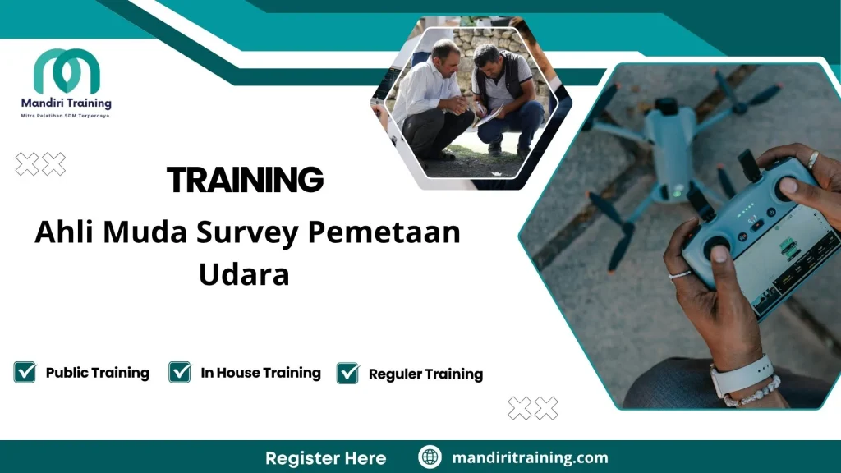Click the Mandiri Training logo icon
pyautogui.click(x=67, y=71)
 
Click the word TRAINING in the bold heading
pyautogui.click(x=245, y=179)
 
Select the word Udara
pyautogui.click(x=244, y=274)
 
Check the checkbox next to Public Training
pyautogui.click(x=25, y=373)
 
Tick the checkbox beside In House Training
pyautogui.click(x=180, y=373)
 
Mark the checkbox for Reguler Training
pyautogui.click(x=348, y=374)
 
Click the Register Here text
pyautogui.click(x=325, y=457)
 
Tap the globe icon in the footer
pyautogui.click(x=430, y=457)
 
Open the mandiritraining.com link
pyautogui.click(x=530, y=457)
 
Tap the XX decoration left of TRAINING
pyautogui.click(x=40, y=164)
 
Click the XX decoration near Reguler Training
pyautogui.click(x=533, y=407)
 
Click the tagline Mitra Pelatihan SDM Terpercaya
pyautogui.click(x=66, y=116)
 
